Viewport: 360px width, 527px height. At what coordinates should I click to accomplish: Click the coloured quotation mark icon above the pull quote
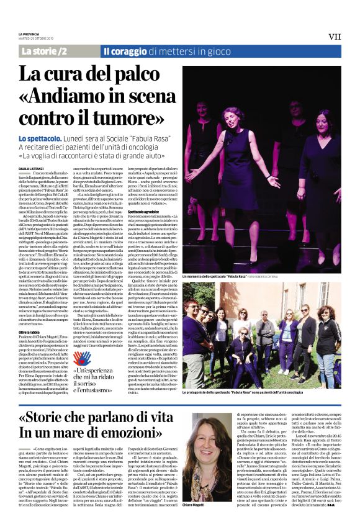coord(79,356)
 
